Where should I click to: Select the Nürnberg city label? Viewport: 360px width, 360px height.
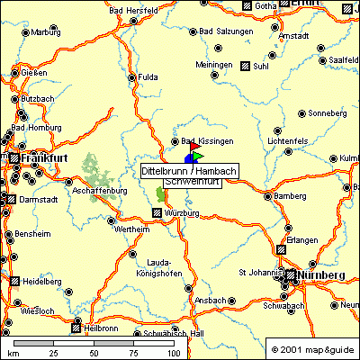[322, 274]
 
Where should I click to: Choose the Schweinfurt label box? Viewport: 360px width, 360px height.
[190, 183]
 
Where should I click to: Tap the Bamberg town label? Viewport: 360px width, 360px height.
[291, 195]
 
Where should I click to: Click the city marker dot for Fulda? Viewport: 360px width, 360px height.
[132, 77]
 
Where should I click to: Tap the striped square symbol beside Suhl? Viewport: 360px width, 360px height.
[244, 65]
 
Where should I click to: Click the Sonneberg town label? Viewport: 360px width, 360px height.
[327, 114]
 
